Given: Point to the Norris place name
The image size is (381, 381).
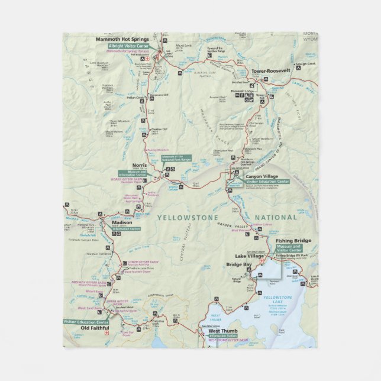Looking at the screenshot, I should tap(139, 166).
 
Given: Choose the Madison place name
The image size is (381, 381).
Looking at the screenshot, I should tap(115, 223).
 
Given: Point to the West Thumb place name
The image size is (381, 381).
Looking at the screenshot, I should tap(223, 331).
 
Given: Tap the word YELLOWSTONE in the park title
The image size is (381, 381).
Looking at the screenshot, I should tap(183, 218).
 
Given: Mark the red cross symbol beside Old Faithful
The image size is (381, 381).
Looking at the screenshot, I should tap(106, 334).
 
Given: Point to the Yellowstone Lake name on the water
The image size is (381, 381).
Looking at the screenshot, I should tap(277, 299).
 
